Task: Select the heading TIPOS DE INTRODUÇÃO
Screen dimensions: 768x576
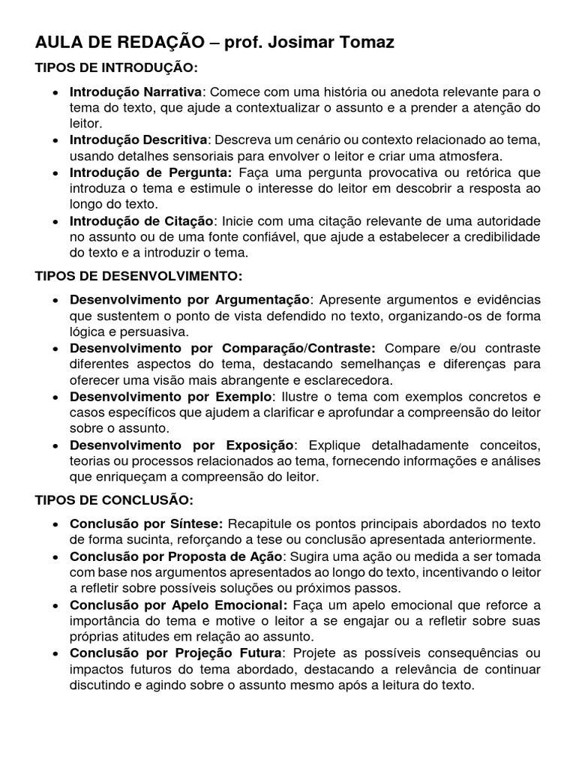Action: (x=116, y=68)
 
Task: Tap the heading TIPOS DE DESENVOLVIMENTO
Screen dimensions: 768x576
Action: (x=139, y=276)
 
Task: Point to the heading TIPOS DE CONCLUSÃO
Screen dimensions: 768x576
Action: (x=115, y=499)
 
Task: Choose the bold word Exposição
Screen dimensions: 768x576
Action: (x=260, y=445)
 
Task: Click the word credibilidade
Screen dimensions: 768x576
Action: (x=498, y=236)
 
